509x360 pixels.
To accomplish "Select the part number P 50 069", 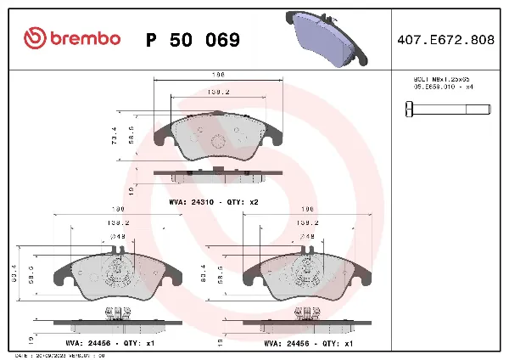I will (x=193, y=40).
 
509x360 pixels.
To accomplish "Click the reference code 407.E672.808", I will (x=446, y=39).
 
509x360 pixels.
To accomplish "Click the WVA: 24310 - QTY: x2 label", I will (x=213, y=203).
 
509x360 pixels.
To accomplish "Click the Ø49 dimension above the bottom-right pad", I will (x=306, y=237).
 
